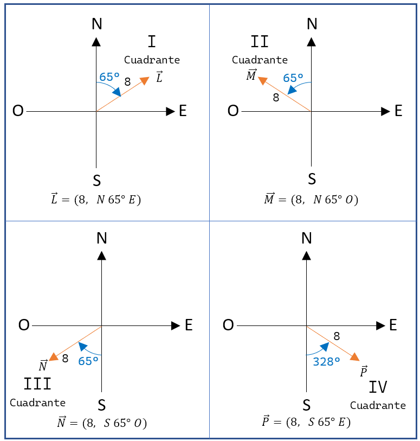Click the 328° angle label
click(326, 361)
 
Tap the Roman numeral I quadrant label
click(152, 42)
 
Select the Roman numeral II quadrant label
click(260, 42)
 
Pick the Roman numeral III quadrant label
click(37, 385)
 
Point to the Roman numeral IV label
click(378, 387)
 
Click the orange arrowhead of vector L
click(145, 80)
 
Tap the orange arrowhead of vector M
click(262, 80)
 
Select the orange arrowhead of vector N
click(53, 356)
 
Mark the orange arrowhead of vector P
click(354, 356)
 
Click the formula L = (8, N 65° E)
click(96, 200)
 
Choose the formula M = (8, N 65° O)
click(311, 200)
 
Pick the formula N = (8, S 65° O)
click(102, 423)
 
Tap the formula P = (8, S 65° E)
click(306, 421)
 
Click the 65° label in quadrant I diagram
click(109, 77)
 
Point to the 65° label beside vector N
click(88, 361)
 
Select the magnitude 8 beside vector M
click(276, 98)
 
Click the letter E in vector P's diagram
click(393, 325)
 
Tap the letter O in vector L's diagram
click(18, 111)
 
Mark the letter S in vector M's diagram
click(312, 178)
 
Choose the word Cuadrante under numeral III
click(37, 403)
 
